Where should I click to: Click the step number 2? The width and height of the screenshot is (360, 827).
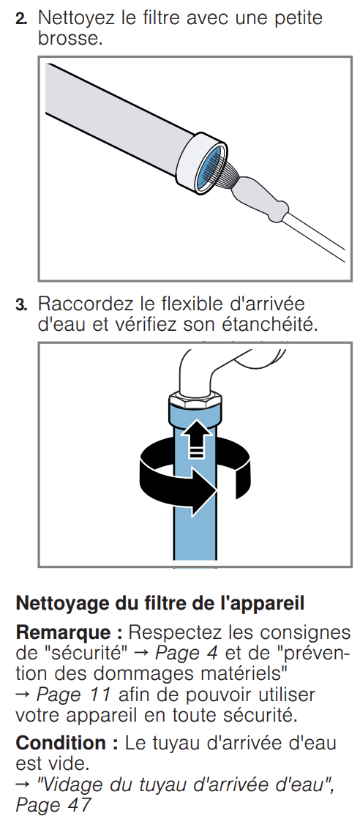coord(21,20)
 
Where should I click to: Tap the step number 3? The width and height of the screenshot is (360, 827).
coord(21,305)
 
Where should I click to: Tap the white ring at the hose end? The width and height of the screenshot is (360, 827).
coord(200,161)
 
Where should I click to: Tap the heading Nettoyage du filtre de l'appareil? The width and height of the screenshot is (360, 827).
coord(160,603)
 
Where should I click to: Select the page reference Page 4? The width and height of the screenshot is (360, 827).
coord(186,653)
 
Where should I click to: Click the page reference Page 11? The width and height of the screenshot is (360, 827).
coord(74,695)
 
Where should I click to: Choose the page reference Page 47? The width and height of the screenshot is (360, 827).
coord(53,805)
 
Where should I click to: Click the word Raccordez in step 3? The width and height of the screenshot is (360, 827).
coord(82,304)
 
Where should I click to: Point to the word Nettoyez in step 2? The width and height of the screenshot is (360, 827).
coord(77,18)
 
